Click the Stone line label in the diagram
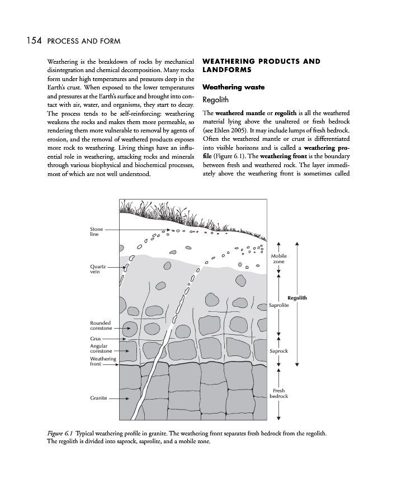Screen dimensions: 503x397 96,232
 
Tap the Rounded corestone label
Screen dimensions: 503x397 101,326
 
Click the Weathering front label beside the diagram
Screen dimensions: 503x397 103,362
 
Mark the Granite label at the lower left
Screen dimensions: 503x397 98,398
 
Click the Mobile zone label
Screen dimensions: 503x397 278,259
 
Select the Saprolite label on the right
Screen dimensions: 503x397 278,306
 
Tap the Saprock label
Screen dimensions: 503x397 278,351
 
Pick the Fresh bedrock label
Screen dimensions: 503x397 278,393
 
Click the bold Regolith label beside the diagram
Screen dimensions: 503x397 297,298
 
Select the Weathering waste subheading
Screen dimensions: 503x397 233,87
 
